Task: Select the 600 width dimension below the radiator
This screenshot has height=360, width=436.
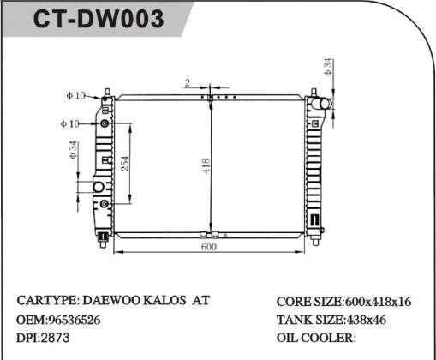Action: point(208,246)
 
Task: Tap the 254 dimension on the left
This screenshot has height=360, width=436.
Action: point(125,163)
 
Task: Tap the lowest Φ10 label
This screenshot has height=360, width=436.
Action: point(70,123)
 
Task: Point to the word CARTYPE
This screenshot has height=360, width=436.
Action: point(48,302)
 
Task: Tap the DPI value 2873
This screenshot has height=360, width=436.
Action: point(56,338)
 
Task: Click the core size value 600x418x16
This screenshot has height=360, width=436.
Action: point(378,303)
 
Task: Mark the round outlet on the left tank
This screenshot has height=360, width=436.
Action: point(98,186)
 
